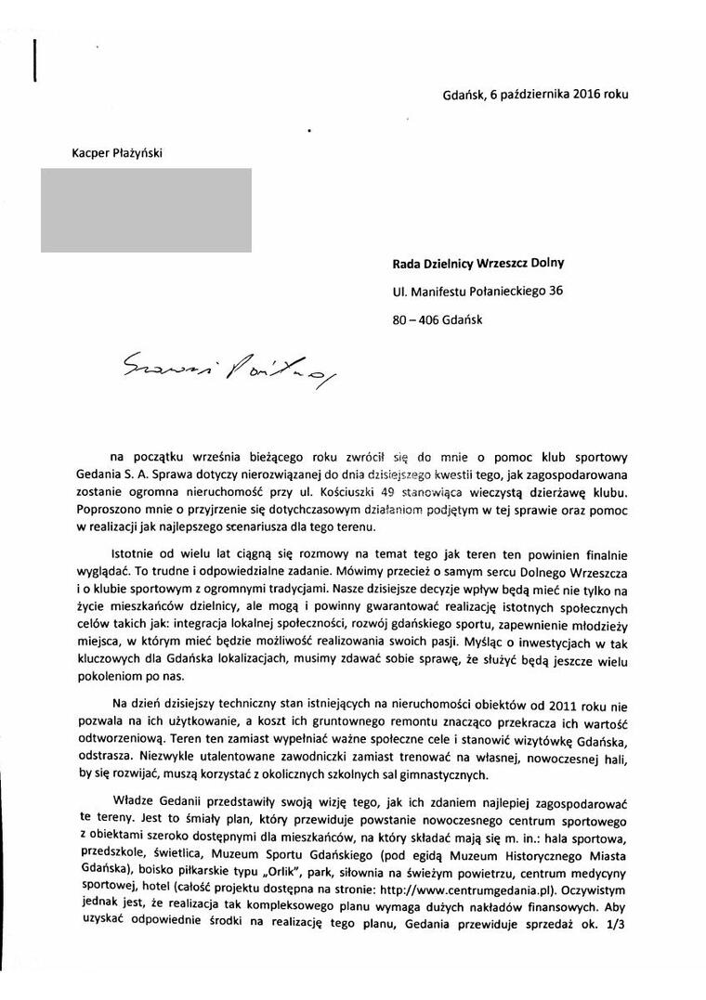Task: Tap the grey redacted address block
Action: point(145,210)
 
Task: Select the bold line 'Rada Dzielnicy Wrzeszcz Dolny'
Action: point(478,263)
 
